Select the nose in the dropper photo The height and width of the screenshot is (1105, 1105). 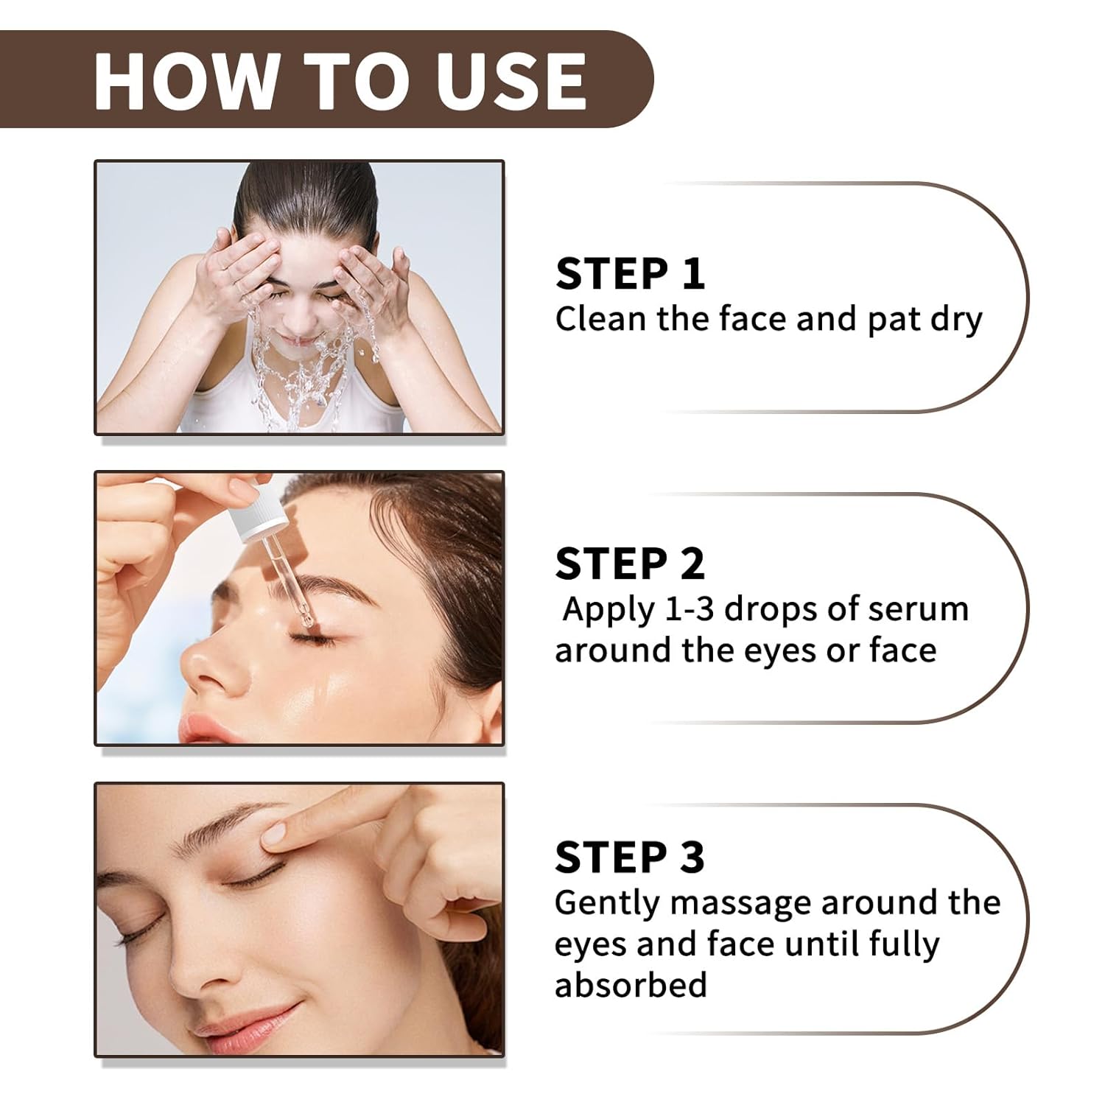pos(214,667)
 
